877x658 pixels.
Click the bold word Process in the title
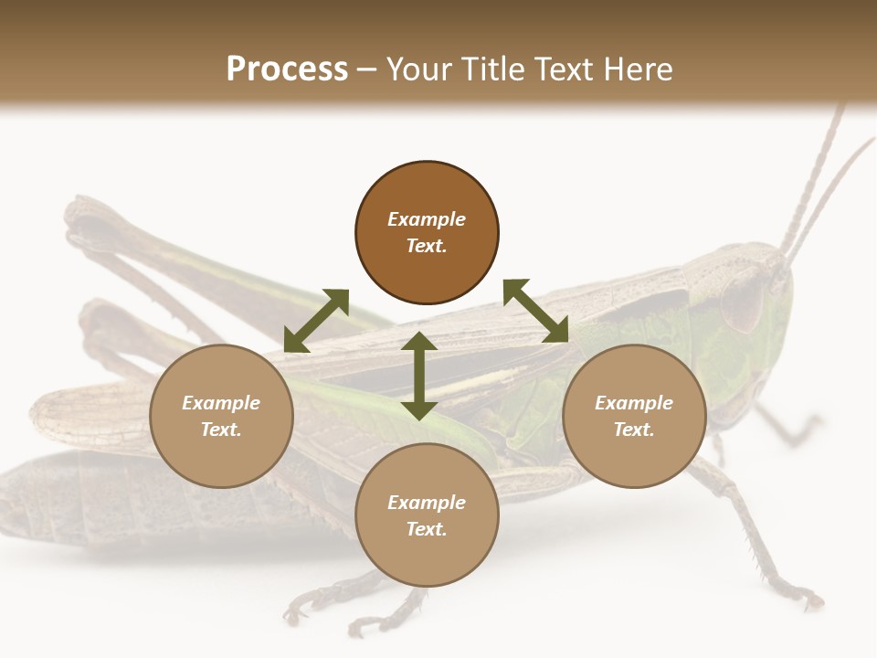287,69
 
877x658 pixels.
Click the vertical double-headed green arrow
419,376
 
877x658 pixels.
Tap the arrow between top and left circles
316,321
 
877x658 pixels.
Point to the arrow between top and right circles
535,311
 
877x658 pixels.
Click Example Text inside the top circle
427,232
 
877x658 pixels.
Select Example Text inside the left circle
221,416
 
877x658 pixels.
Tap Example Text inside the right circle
634,416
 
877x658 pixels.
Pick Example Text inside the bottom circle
427,515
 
